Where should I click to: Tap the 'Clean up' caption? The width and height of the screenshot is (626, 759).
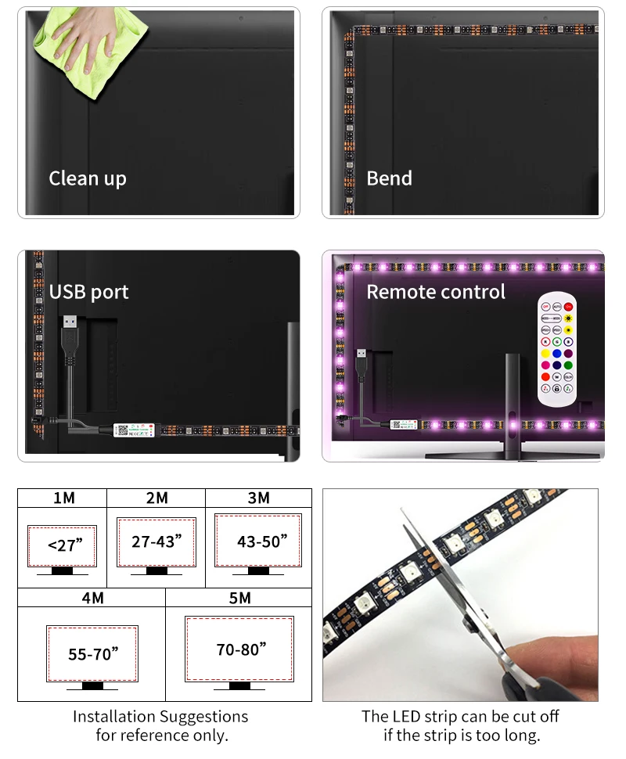click(x=87, y=178)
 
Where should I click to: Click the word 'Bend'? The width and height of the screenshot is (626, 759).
click(x=389, y=178)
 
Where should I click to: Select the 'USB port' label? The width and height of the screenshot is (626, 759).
click(x=88, y=292)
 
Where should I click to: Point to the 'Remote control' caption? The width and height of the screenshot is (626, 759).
click(x=436, y=292)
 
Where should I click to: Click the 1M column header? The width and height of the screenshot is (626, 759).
click(x=64, y=498)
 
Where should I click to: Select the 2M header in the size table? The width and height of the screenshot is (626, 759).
click(x=156, y=498)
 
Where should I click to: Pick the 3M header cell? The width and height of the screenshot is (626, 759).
click(x=258, y=498)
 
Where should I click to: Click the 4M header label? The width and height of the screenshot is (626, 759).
click(x=92, y=598)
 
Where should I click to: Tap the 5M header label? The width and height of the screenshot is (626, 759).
click(x=239, y=598)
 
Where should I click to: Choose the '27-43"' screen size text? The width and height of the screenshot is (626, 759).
click(x=156, y=541)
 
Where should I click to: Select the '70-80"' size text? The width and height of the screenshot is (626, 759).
click(x=241, y=649)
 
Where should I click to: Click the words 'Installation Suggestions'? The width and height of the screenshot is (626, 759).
click(x=160, y=717)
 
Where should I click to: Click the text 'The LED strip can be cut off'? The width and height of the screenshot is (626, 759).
click(x=460, y=717)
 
